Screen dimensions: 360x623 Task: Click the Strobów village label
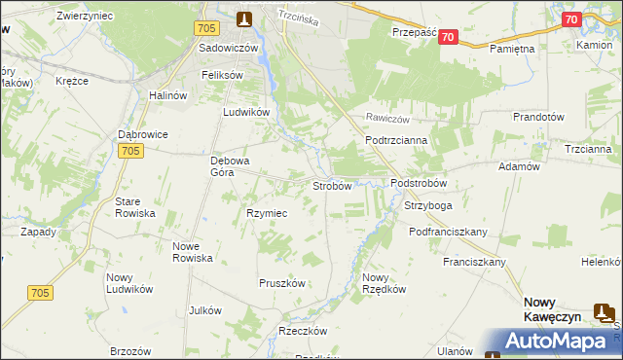[x=331, y=186]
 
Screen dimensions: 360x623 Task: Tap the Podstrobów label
[x=418, y=183]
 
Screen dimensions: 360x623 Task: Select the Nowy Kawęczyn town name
[x=553, y=309]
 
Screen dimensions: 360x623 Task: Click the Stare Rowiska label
[x=135, y=206]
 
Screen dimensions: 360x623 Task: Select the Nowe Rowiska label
[x=193, y=251]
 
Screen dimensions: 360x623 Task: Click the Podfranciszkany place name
[x=449, y=232]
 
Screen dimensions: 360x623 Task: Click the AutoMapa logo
[x=552, y=341]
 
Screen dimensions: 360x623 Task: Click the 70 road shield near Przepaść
[x=447, y=37]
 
